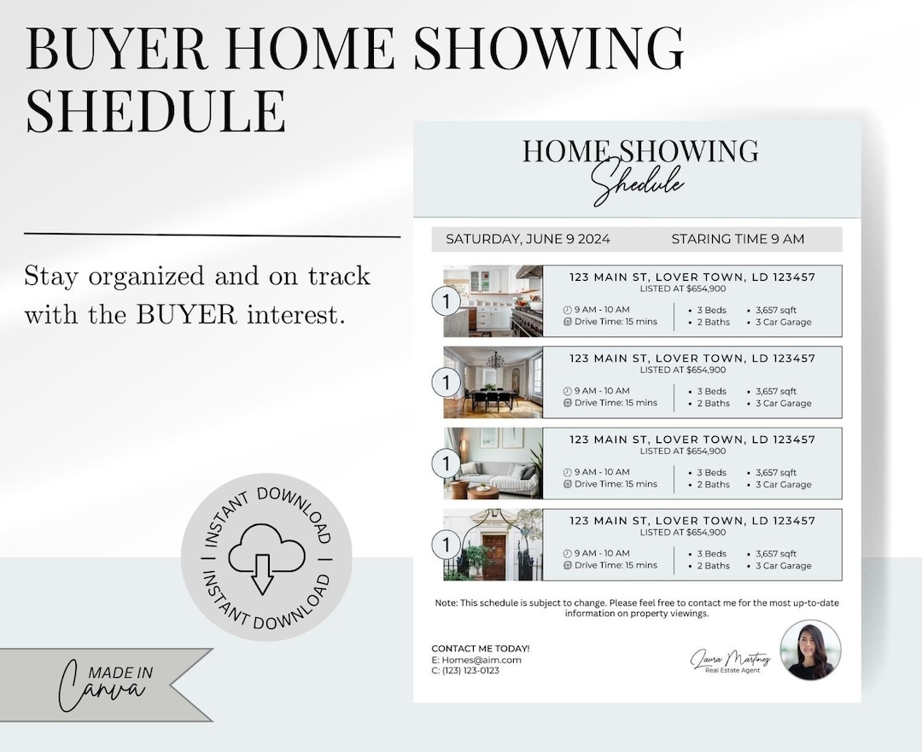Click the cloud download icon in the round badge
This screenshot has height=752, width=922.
266,557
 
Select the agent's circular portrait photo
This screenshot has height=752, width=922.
810,650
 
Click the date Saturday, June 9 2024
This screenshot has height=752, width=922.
528,239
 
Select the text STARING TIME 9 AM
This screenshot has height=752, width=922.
738,239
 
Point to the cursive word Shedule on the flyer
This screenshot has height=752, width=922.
638,181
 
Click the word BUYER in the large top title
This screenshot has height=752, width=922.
116,50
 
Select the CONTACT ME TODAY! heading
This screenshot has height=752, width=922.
481,649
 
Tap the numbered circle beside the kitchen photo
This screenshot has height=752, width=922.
446,301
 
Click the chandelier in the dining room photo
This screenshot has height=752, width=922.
495,360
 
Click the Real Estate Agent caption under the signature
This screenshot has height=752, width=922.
732,670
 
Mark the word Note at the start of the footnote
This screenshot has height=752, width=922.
446,603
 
